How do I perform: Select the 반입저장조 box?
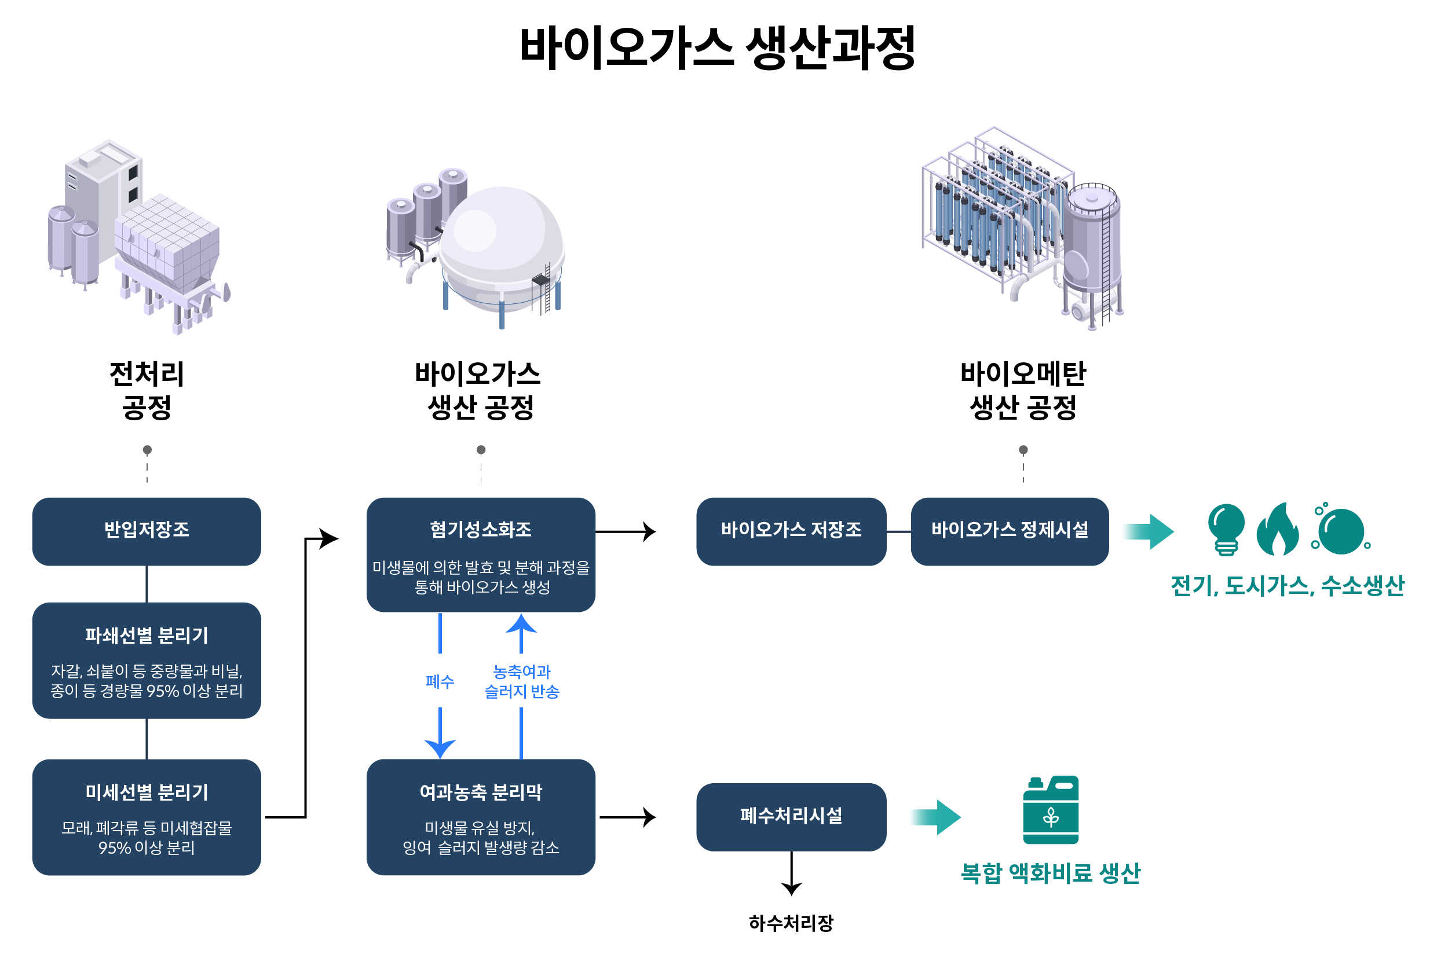click(x=147, y=531)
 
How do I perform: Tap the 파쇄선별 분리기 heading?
click(x=147, y=636)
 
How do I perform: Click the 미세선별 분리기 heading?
click(x=147, y=792)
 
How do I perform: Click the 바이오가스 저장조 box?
click(x=791, y=531)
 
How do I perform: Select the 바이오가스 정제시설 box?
click(x=1009, y=531)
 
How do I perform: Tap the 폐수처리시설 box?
click(x=791, y=816)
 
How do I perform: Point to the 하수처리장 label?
click(x=791, y=923)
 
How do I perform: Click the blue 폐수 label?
click(x=440, y=681)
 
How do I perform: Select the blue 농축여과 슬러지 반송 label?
click(x=521, y=681)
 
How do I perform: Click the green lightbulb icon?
click(x=1226, y=528)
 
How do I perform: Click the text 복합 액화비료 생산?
click(x=1050, y=872)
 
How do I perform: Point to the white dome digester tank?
click(x=501, y=247)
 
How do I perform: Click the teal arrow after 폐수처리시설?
click(x=937, y=817)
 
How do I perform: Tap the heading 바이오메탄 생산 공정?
click(x=1023, y=390)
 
